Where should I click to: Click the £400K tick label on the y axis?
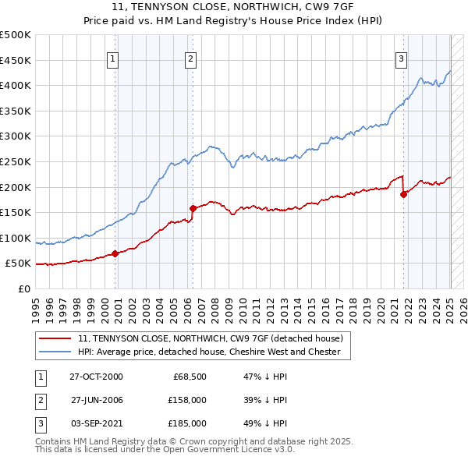(x=16, y=86)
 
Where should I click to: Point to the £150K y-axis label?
(x=16, y=212)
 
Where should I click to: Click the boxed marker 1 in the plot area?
(x=113, y=58)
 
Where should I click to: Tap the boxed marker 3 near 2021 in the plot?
(x=401, y=58)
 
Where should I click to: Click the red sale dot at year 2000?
(x=115, y=253)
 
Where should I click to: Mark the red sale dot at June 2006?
(x=193, y=208)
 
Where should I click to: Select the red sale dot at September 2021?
(x=403, y=194)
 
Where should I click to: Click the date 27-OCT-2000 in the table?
(x=96, y=377)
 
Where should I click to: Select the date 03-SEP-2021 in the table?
(x=96, y=423)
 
